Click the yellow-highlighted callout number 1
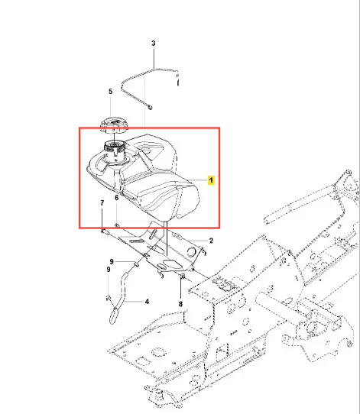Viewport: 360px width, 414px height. coord(211,180)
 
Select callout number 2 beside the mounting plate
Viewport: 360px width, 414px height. coord(211,241)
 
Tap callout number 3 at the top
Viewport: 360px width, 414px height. coord(154,43)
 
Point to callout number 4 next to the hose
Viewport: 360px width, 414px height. coord(147,301)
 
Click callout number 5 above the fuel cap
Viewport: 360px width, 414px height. coord(110,92)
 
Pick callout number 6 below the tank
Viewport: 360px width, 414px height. coord(116,198)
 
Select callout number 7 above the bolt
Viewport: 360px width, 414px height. coord(102,202)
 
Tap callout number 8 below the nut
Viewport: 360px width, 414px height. coord(180,304)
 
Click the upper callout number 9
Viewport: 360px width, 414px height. coord(112,261)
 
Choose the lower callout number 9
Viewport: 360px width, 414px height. coord(109,270)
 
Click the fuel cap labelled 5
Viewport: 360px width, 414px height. coord(114,126)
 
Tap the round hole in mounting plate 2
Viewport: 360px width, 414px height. coord(193,251)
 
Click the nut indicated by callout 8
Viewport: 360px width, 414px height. coord(182,277)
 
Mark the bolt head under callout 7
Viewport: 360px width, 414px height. coord(103,231)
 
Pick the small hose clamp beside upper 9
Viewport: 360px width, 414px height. coord(137,264)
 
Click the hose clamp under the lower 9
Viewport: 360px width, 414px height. coord(109,298)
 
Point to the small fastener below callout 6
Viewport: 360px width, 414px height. coord(117,225)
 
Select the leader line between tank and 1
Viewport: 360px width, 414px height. coord(198,180)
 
